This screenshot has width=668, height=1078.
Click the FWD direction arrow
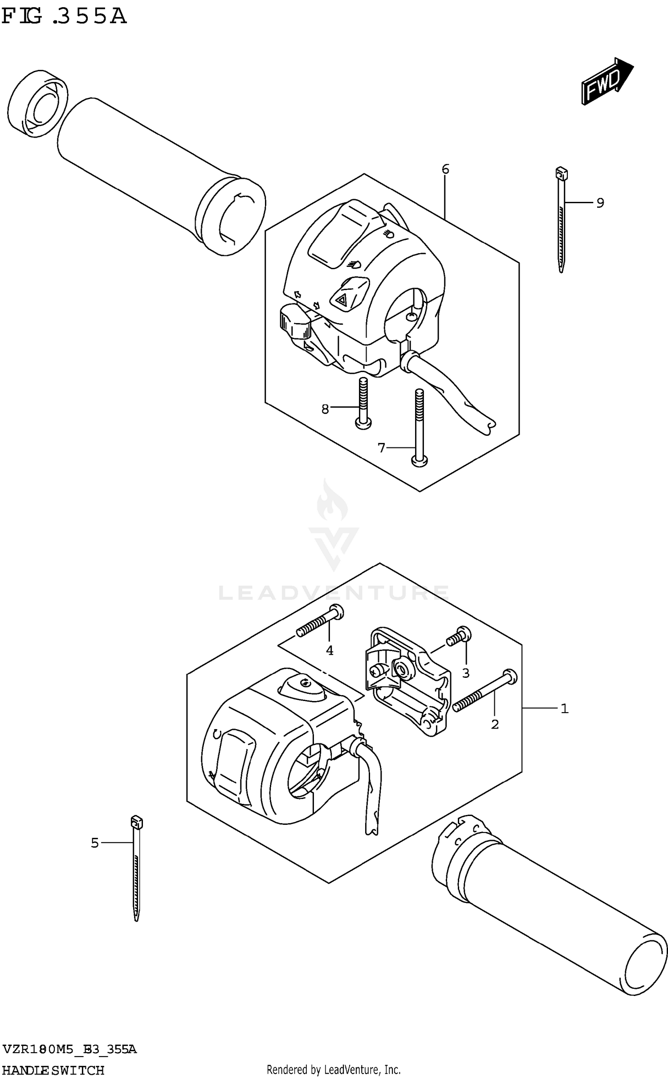pos(607,81)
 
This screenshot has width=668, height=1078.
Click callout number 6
pos(445,169)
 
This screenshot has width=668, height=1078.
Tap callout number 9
pos(600,203)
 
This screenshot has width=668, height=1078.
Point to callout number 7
pos(381,447)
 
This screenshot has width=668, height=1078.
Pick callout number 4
pos(330,651)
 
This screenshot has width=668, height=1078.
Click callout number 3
pos(466,673)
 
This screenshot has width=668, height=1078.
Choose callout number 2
pos(495,725)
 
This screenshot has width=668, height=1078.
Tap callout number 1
pos(564,708)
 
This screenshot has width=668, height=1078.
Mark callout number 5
pos(94,843)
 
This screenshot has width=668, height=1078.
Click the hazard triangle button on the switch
pos(342,300)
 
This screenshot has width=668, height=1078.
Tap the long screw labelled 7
pos(419,428)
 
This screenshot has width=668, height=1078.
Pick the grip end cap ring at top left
pos(38,102)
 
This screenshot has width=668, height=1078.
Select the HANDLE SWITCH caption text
pos(53,1070)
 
